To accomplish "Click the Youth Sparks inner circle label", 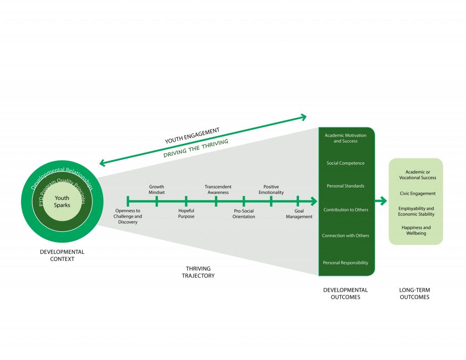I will pyautogui.click(x=62, y=202).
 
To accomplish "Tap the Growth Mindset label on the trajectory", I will pyautogui.click(x=157, y=189).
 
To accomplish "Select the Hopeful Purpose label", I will pyautogui.click(x=186, y=213).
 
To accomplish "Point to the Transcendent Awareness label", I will pyautogui.click(x=218, y=189).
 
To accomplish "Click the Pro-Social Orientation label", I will pyautogui.click(x=244, y=213).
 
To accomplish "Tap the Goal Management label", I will pyautogui.click(x=299, y=213).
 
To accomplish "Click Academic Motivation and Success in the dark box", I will pyautogui.click(x=345, y=138).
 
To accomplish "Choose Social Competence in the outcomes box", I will pyautogui.click(x=345, y=163).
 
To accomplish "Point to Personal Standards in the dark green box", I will pyautogui.click(x=345, y=186).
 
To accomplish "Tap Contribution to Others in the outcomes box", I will pyautogui.click(x=345, y=210).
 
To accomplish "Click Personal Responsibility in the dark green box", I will pyautogui.click(x=345, y=263).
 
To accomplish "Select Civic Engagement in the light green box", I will pyautogui.click(x=417, y=193).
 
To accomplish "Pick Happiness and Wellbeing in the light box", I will pyautogui.click(x=416, y=230).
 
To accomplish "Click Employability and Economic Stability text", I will pyautogui.click(x=416, y=211).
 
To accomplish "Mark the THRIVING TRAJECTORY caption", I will pyautogui.click(x=198, y=272).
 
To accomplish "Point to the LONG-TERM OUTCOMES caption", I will pyautogui.click(x=414, y=294).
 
